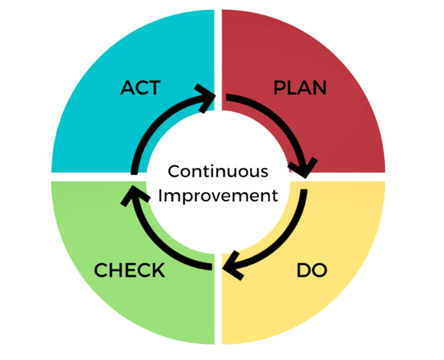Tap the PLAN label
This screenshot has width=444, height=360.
[299, 88]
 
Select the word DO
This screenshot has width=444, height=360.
[312, 270]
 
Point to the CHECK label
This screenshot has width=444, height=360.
[129, 270]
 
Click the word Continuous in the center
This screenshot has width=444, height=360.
[218, 172]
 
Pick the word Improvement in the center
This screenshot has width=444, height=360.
[218, 195]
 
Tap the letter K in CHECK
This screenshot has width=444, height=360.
[158, 270]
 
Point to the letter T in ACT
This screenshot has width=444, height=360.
[154, 88]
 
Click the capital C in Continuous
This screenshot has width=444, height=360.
[173, 172]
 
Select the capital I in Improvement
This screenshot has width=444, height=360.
[161, 195]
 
